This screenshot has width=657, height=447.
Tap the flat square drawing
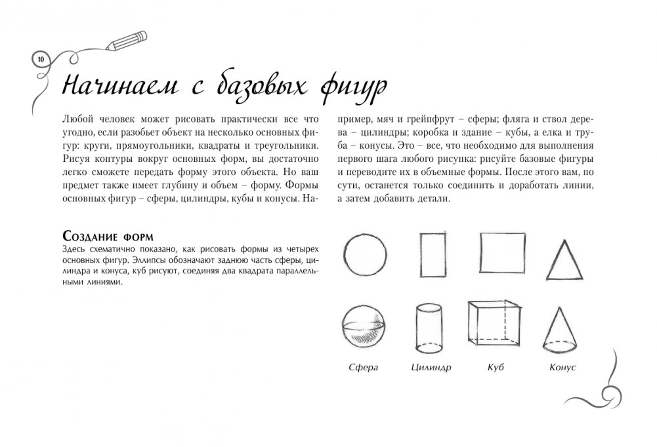[502, 252]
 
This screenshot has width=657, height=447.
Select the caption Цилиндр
[431, 368]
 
